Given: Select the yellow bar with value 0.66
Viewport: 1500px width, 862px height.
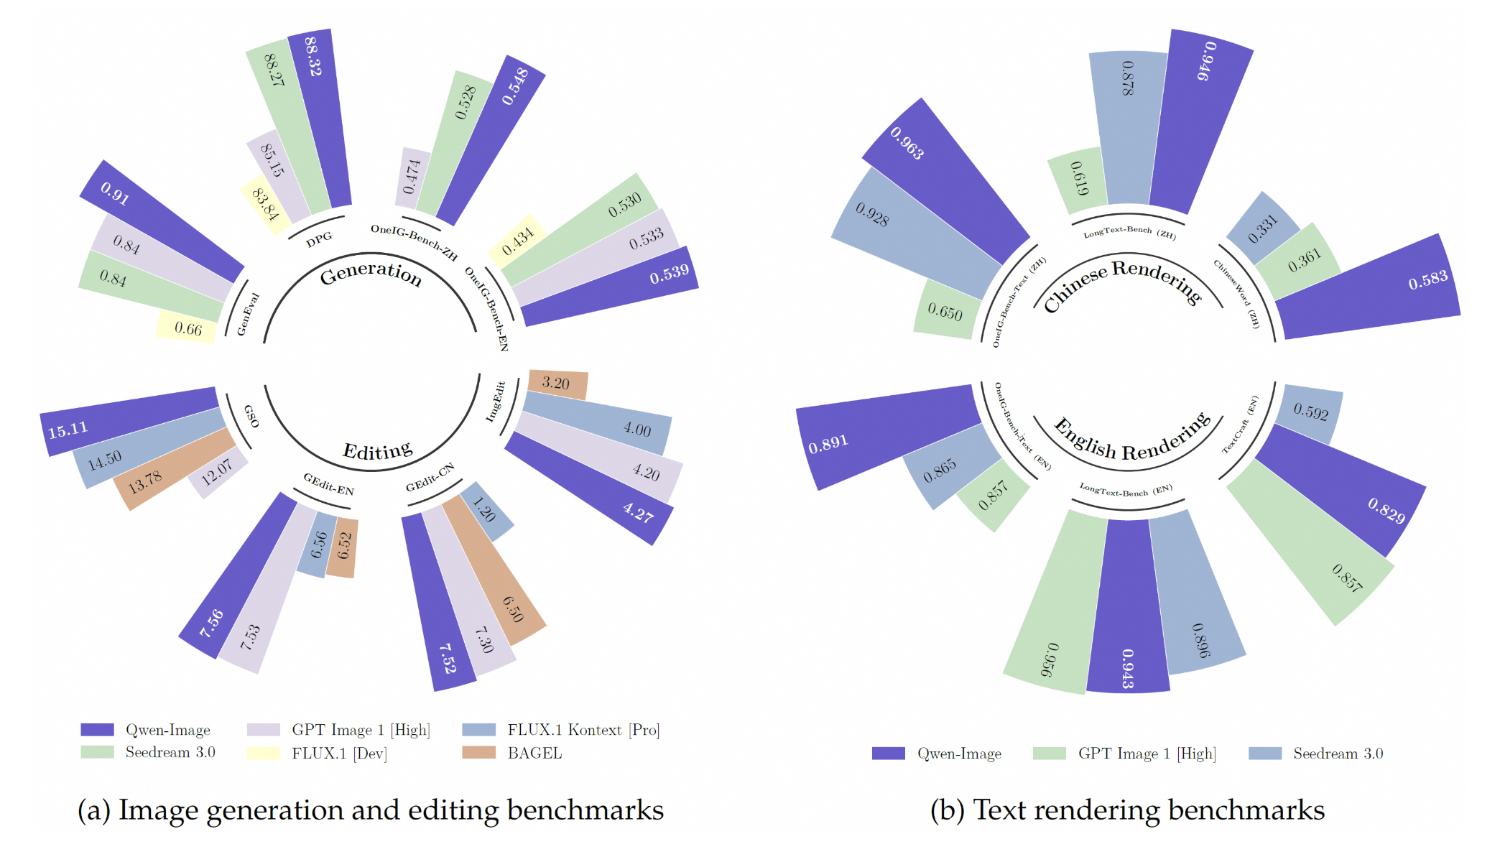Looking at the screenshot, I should (187, 328).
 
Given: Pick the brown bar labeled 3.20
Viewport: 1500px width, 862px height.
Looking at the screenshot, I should (557, 384).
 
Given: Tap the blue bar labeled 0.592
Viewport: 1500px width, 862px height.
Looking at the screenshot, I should (1310, 412).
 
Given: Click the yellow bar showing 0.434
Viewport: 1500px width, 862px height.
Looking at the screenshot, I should (517, 241).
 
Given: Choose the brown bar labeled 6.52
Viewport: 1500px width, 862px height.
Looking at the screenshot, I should (343, 547).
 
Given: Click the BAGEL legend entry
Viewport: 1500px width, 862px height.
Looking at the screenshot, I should (534, 753).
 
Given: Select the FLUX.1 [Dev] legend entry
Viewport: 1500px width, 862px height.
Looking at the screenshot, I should (339, 753).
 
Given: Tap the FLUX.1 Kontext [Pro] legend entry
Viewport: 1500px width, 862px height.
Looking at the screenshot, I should (583, 730).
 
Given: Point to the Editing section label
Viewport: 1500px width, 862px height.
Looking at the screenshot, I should (378, 451).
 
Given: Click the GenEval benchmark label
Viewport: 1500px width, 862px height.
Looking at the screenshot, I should (248, 314).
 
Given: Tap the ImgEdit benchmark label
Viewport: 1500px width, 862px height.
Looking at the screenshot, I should (496, 401).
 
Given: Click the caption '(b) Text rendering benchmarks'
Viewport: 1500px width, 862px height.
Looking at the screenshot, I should (1126, 810).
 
